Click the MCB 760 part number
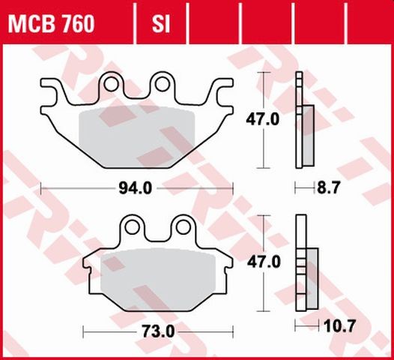pyautogui.click(x=52, y=25)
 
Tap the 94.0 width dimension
pyautogui.click(x=136, y=189)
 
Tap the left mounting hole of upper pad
pyautogui.click(x=112, y=84)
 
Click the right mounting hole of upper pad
pyautogui.click(x=161, y=84)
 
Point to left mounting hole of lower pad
pyautogui.click(x=133, y=226)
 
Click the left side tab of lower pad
pyautogui.click(x=89, y=263)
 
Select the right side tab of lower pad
pyautogui.click(x=227, y=263)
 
